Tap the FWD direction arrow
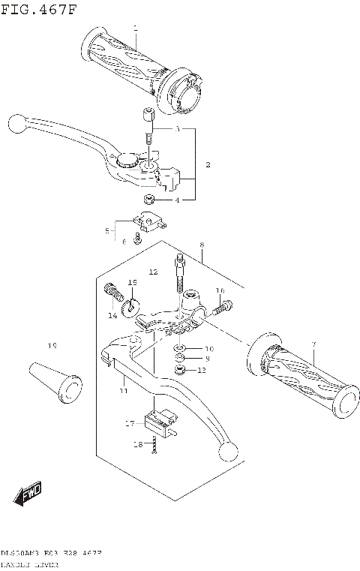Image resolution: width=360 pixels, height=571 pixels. click(28, 494)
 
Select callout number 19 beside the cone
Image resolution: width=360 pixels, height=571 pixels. click(52, 346)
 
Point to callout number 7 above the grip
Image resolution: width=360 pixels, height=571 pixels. click(314, 344)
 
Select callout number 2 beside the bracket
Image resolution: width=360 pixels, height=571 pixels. click(208, 164)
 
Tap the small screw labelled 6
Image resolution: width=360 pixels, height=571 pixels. click(137, 239)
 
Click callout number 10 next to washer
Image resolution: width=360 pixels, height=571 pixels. click(209, 349)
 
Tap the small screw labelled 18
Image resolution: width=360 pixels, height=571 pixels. click(154, 446)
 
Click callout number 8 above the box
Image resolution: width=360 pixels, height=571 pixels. click(202, 245)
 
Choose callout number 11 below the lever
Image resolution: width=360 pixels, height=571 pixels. click(123, 391)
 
